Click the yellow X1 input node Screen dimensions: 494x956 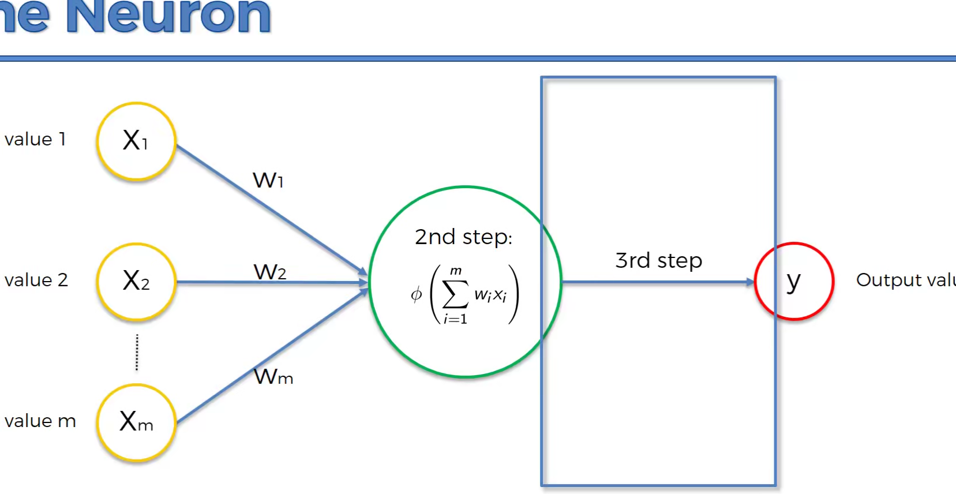point(136,141)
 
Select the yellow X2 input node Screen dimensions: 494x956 point(136,282)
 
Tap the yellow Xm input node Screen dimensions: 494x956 point(136,422)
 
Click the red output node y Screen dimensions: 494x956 point(794,281)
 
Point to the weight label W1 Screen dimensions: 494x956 point(268,181)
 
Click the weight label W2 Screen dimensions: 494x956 point(270,272)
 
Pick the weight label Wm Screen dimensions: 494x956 point(273,377)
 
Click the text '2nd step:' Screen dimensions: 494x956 point(463,237)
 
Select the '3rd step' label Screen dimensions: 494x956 point(658,261)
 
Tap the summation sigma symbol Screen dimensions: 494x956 point(455,295)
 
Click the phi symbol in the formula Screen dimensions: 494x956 point(416,295)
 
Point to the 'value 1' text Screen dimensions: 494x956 point(35,140)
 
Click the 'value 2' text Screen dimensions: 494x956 point(36,280)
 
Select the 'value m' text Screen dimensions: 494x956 point(40,421)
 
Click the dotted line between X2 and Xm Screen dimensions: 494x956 point(137,352)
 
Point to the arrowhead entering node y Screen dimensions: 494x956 point(749,282)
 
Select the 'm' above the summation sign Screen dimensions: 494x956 point(456,271)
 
